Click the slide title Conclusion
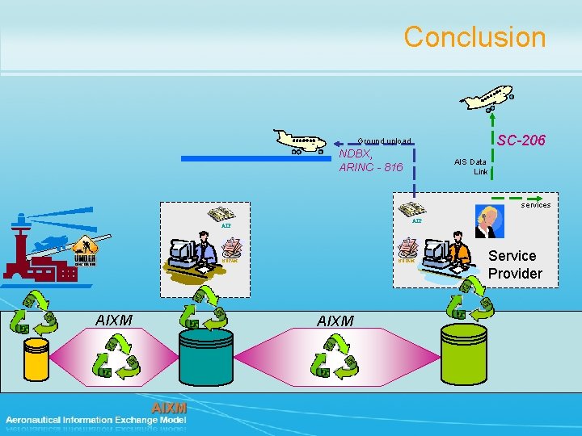pos(474,37)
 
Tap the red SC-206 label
pos(521,140)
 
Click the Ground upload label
pos(385,141)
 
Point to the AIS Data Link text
pos(470,166)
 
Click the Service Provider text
pos(515,265)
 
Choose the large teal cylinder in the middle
pos(206,354)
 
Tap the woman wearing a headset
pos(487,220)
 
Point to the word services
pos(535,205)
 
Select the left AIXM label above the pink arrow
pos(113,321)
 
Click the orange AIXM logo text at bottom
pos(169,408)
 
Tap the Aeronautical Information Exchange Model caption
pos(95,420)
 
